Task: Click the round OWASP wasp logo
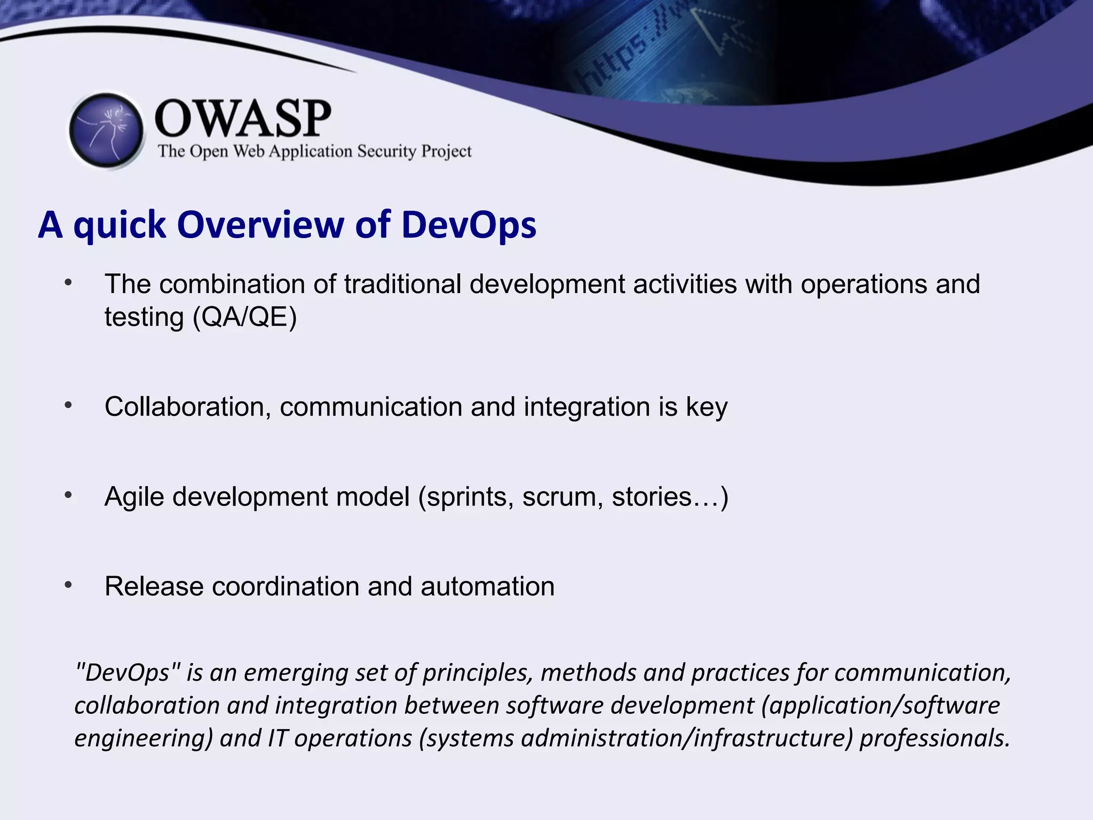(x=106, y=130)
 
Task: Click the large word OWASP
(x=243, y=119)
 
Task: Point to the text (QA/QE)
(x=244, y=317)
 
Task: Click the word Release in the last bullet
(x=154, y=586)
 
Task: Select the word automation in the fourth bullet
(x=487, y=586)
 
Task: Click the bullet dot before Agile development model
(x=68, y=495)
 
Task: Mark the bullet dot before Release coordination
(x=68, y=585)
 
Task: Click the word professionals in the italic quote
(x=934, y=738)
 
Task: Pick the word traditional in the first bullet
(x=402, y=284)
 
